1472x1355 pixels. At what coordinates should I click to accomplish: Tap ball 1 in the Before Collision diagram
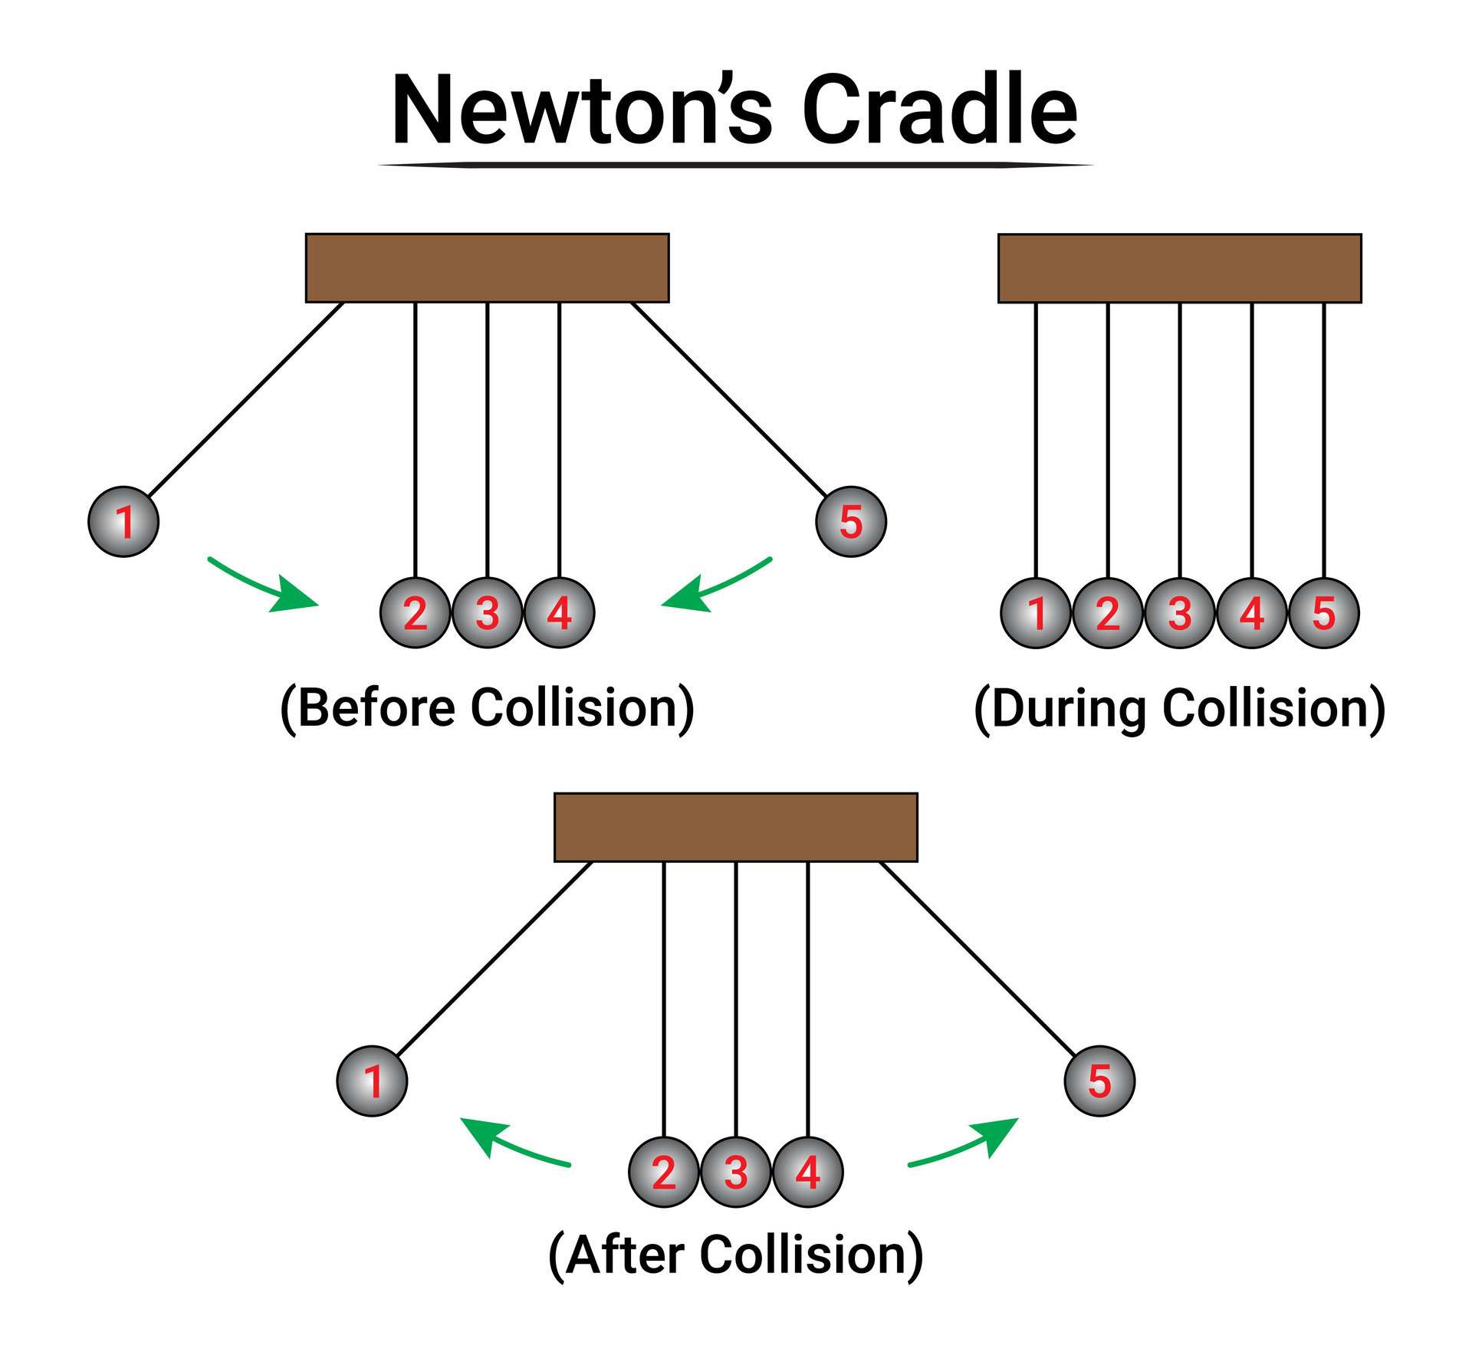tap(123, 521)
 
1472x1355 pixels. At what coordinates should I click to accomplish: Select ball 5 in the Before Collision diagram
tap(851, 521)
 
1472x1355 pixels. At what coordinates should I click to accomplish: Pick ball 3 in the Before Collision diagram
tap(488, 612)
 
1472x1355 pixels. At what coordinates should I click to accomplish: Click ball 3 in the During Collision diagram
tap(1180, 612)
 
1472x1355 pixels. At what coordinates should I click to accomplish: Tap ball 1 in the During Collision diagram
tap(1036, 612)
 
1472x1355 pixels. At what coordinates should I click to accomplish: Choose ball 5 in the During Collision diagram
tap(1324, 612)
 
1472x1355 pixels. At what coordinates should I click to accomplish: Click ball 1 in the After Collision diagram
tap(373, 1081)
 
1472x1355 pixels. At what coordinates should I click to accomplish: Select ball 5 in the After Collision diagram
tap(1099, 1081)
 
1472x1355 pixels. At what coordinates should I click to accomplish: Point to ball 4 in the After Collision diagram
tap(808, 1172)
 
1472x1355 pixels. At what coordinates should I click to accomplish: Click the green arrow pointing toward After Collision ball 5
tap(966, 1142)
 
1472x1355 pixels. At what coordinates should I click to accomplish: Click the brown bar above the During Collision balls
tap(1180, 268)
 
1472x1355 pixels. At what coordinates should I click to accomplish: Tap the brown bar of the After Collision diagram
tap(736, 827)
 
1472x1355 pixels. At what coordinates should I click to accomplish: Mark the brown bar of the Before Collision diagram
tap(488, 268)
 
